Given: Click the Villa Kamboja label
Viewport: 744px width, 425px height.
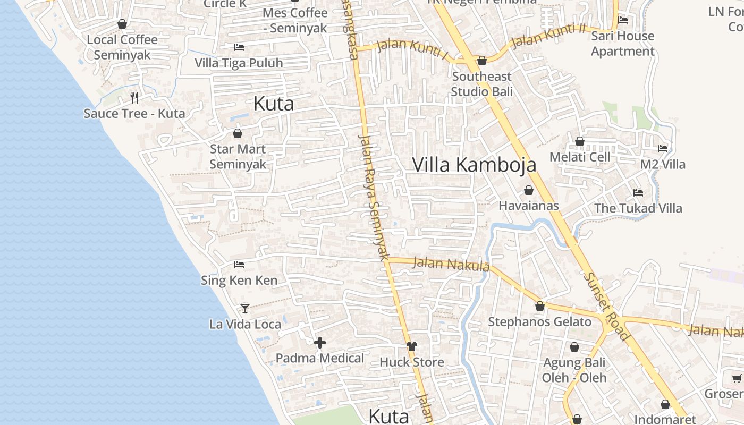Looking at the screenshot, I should click(474, 165).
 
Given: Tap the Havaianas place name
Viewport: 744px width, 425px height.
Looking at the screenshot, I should click(528, 205).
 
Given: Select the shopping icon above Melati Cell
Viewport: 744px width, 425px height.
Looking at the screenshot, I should click(580, 141).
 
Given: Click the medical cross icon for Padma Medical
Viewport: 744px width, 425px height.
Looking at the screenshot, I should click(320, 343).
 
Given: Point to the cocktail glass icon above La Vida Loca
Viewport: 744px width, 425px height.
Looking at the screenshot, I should click(245, 308).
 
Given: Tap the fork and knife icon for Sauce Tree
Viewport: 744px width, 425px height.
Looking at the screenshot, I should click(134, 97).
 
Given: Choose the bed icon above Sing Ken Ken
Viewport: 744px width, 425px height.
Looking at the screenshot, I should click(239, 264).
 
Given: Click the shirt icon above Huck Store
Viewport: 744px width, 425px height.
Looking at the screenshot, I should click(412, 346).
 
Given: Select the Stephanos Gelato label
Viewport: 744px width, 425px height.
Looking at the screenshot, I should click(539, 321).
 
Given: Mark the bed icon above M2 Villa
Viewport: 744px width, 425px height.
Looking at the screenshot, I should click(663, 149).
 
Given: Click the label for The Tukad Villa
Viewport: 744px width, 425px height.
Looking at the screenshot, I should click(638, 208).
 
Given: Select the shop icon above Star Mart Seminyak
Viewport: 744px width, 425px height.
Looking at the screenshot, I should click(238, 133).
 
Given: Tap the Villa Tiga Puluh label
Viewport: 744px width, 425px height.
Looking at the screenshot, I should click(239, 63).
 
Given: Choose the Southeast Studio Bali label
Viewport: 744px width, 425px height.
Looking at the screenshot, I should click(482, 84).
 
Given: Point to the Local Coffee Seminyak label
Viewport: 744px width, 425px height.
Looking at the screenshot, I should click(122, 47).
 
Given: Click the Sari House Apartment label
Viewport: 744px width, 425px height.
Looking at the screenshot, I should click(622, 44).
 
